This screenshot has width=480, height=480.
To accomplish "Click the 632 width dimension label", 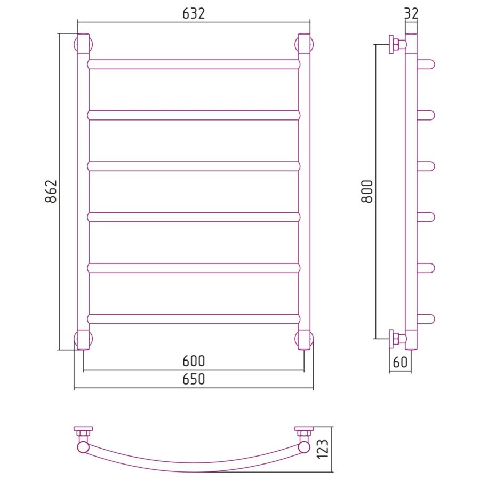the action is tap(194, 13).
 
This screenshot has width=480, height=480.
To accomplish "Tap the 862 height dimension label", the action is tap(51, 191).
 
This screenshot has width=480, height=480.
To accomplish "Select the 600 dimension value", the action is tap(194, 361).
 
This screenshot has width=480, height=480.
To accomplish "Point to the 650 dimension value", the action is tap(194, 379).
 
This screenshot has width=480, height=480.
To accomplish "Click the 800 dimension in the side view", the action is tap(367, 191).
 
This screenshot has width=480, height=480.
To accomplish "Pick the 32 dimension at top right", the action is tap(411, 13).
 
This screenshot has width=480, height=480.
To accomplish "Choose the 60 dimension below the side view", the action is tap(400, 362).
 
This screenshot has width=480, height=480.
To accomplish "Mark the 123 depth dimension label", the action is tap(323, 449).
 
